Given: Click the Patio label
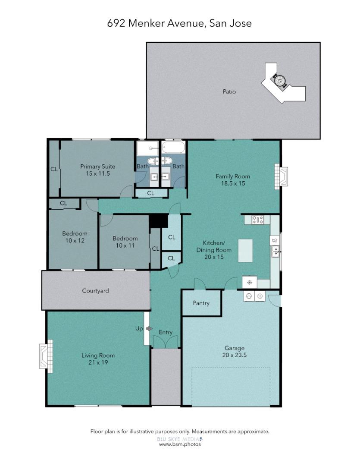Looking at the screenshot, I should coord(229,91).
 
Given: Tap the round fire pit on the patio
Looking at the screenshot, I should coord(279,80).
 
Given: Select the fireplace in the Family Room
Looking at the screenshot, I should coord(282,176).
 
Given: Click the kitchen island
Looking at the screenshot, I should coord(246,251).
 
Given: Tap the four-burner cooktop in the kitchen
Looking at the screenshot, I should coord(258,220).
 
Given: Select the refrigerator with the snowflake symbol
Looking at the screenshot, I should coord(249,283).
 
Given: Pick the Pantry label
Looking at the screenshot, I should coord(201,303).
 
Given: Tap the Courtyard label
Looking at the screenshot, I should coord(95,291).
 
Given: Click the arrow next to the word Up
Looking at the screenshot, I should coord(149,329).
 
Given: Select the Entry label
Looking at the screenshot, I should coord(166,332).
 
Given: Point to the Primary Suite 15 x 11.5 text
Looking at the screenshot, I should coord(97,170).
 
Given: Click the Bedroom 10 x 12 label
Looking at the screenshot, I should coord(75,237).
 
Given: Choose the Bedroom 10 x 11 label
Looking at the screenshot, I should coord(125,242).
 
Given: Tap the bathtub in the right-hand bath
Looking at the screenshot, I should coord(173,149).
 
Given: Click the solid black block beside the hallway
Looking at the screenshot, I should coord(158,221).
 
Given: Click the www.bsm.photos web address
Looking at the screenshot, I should coord(180,444).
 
